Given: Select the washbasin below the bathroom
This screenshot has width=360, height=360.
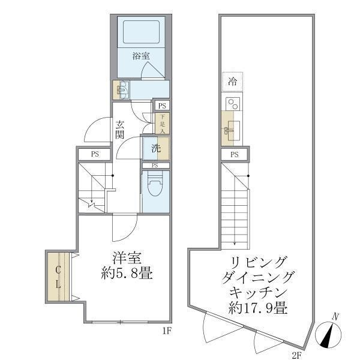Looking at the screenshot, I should [124, 90].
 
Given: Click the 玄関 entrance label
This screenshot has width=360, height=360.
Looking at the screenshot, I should [121, 129].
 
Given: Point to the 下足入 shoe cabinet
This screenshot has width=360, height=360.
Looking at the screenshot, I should [161, 124].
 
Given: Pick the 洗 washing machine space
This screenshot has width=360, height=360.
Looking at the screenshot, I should [155, 148].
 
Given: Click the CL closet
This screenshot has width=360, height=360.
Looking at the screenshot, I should [59, 277].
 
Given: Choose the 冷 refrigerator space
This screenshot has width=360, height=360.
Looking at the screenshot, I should [233, 80].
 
